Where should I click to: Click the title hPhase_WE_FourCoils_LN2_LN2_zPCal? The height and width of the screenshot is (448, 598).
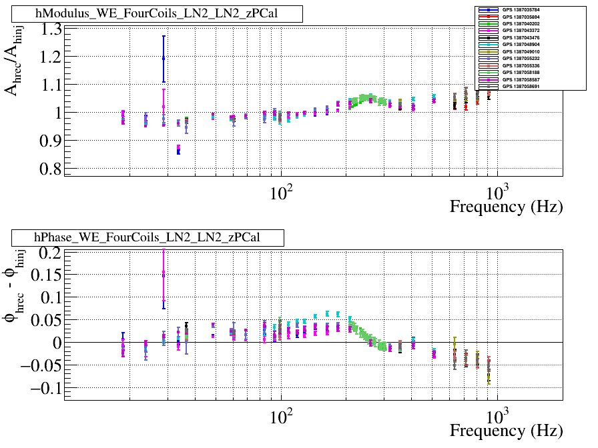click(x=147, y=237)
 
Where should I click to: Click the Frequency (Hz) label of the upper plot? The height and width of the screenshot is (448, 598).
click(x=506, y=206)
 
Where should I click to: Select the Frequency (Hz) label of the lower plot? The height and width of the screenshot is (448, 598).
click(x=506, y=430)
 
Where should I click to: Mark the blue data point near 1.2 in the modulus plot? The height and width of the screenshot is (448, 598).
click(x=164, y=59)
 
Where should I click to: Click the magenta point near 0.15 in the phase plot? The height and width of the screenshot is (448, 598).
click(x=164, y=274)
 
